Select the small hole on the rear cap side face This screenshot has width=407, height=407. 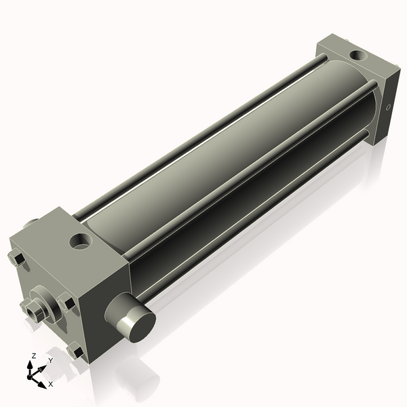tap(389, 107)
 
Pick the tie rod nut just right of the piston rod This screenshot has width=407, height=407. tap(66, 303)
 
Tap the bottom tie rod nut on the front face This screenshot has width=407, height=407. tap(74, 351)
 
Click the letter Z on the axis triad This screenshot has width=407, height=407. tap(34, 355)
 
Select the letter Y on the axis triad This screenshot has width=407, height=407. tap(50, 360)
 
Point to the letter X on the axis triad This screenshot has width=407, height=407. tap(50, 384)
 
